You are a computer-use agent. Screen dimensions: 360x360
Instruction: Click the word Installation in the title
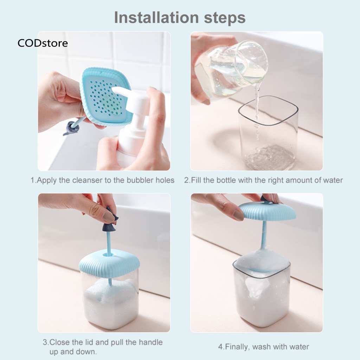pos(156,18)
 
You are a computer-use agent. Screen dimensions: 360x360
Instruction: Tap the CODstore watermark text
pos(43,43)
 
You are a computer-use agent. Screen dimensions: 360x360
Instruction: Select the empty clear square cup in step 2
pos(268,134)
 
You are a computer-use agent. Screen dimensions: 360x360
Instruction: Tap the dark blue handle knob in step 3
pos(109,221)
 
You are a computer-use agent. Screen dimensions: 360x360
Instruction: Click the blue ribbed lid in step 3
pos(109,263)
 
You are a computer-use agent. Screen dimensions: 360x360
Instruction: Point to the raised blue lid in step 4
pos(267,211)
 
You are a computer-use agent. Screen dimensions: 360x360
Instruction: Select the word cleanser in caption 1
pos(87,180)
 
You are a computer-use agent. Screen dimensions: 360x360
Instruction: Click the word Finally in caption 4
pos(237,347)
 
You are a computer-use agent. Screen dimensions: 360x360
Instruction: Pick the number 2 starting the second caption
pos(187,180)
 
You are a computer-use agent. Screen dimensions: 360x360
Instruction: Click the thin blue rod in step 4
pos(264,234)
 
